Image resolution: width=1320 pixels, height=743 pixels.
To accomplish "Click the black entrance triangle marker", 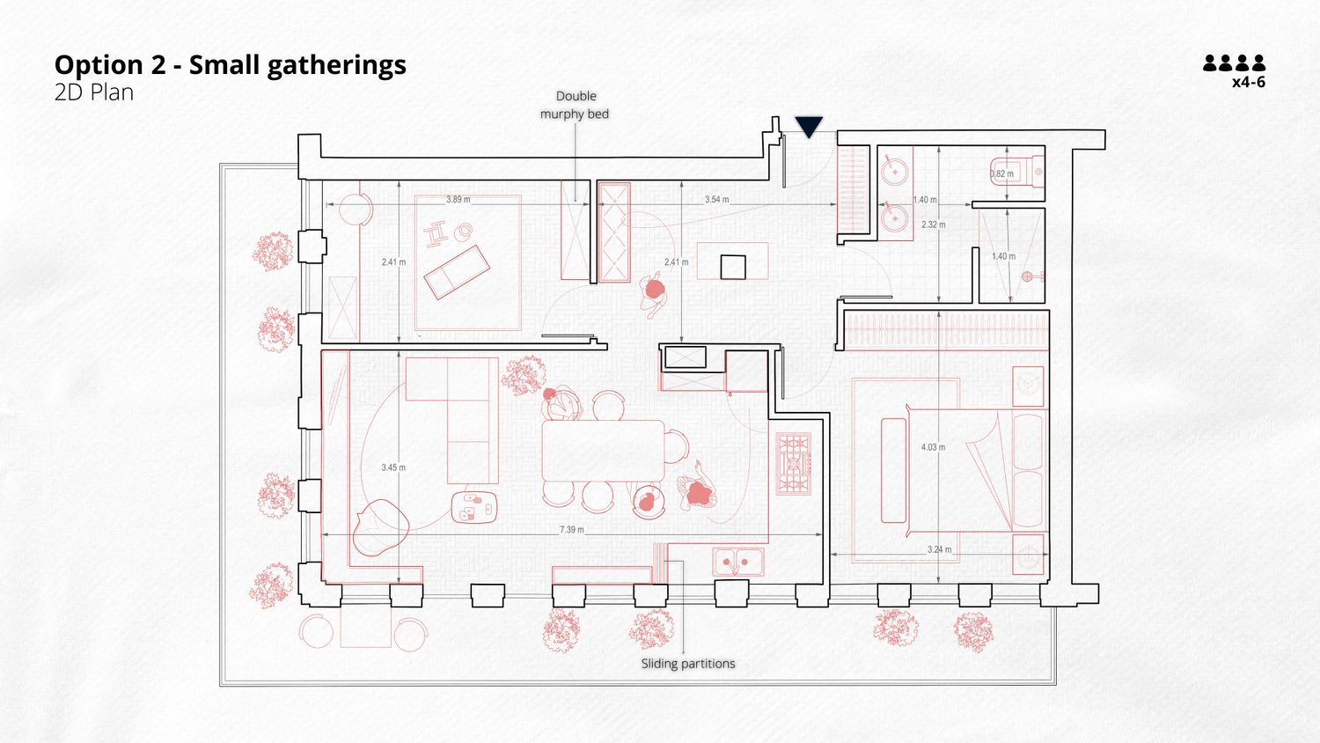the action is pos(809,126).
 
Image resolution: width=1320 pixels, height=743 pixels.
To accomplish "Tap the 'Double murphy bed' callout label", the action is pos(576,105).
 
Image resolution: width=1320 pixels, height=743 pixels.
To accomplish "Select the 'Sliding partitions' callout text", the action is pos(688,664).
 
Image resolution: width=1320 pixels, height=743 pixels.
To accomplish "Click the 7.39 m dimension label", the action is pos(572,530).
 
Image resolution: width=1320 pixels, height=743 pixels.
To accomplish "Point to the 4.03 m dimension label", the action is pos(933,447).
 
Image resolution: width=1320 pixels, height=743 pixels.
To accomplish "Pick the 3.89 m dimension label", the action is pos(458,199).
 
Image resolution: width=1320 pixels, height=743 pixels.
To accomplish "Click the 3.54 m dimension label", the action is pos(716,199).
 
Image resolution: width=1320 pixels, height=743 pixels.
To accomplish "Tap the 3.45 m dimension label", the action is pos(393,467).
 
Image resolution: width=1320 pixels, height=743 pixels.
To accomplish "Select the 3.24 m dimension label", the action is pos(939,549).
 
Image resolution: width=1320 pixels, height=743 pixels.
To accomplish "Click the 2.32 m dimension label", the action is pos(934,224).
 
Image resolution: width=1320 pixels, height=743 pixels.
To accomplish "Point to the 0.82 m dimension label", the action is pos(1001,174).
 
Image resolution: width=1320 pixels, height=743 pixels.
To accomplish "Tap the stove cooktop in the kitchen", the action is pos(793,463).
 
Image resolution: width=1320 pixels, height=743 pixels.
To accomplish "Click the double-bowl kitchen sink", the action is pos(737,562).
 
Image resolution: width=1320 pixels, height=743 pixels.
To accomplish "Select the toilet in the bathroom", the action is pos(1016,172).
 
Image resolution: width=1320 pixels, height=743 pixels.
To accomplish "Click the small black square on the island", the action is pos(733,267).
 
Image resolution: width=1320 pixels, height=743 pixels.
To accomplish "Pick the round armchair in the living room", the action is pos(381,527).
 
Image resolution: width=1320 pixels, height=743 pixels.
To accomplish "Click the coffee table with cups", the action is pos(474,508).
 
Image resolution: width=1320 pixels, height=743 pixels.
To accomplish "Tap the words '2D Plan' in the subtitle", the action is pos(94,92).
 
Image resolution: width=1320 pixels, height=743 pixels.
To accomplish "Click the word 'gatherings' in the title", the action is pos(336,65).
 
